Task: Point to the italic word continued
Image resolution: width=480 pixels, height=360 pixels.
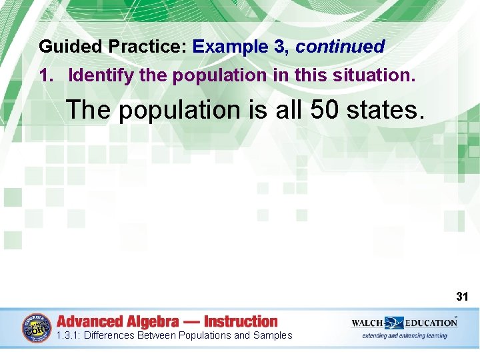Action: [340, 47]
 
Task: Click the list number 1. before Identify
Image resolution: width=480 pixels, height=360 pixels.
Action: [47, 75]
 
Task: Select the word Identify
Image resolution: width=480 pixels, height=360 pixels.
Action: [101, 75]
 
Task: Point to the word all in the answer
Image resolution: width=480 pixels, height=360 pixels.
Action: [289, 110]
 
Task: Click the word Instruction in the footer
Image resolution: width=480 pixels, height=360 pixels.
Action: [241, 321]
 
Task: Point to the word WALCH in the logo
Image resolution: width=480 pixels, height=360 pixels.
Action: [367, 323]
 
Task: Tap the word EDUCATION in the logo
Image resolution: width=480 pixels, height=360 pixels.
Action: [432, 323]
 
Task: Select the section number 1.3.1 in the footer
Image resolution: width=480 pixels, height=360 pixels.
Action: [69, 335]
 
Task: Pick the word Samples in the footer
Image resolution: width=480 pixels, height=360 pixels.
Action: [273, 335]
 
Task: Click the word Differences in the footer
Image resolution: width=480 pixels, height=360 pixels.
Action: [109, 335]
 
